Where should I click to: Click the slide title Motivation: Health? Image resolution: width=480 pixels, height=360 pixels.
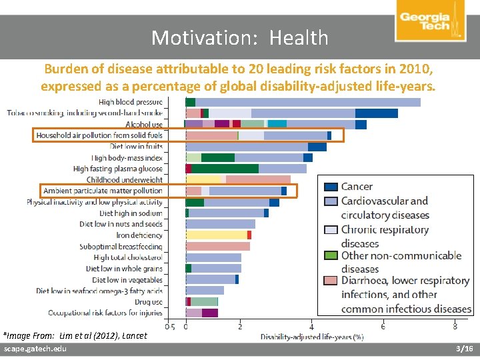click(239, 37)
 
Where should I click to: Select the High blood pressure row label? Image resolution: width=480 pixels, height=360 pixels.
click(130, 102)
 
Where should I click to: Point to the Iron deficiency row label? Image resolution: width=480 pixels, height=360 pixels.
click(139, 235)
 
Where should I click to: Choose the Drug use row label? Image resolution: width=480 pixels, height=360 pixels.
click(148, 302)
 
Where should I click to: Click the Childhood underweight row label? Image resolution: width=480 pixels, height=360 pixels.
click(124, 180)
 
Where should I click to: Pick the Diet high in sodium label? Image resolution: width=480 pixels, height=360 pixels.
click(131, 213)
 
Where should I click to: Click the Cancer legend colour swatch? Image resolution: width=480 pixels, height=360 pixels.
click(330, 187)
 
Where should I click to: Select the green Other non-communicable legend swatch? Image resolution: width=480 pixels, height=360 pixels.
click(330, 255)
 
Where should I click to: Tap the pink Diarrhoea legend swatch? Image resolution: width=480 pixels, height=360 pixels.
click(330, 281)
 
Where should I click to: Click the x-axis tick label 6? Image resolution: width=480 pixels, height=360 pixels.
click(383, 326)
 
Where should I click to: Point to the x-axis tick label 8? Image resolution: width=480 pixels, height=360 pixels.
click(455, 326)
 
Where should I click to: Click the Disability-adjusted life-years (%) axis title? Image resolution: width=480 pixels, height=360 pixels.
click(311, 337)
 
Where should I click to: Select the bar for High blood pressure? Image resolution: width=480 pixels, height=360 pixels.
click(303, 102)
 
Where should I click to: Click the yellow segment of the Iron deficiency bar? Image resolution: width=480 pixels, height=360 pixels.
click(216, 235)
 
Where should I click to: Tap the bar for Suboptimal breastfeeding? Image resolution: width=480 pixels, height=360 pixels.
click(217, 247)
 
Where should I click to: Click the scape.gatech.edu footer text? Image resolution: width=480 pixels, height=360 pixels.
click(31, 349)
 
